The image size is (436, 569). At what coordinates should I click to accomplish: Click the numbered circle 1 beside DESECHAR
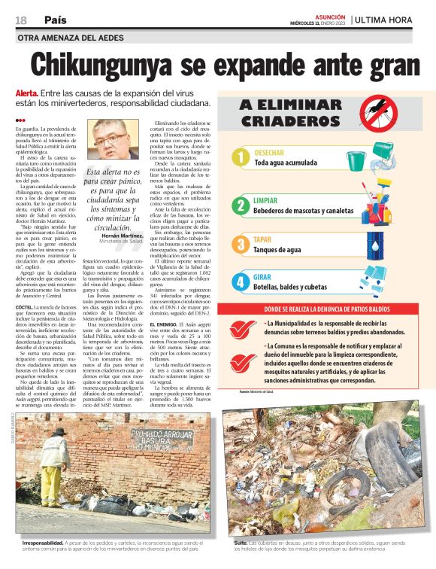coord(239,157)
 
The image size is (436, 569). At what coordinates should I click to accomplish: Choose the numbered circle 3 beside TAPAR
coord(239,243)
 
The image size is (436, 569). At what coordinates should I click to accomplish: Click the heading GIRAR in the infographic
coord(263,277)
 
